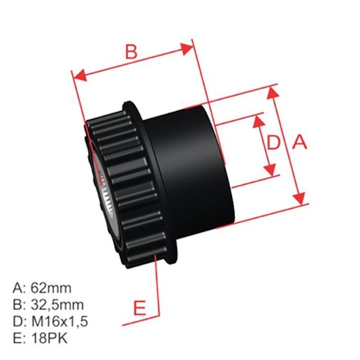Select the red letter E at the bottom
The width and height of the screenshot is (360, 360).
[140, 309]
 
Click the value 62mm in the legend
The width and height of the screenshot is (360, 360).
[53, 288]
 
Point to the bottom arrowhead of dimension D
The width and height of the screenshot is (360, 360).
[271, 172]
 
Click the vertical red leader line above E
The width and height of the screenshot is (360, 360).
[158, 288]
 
